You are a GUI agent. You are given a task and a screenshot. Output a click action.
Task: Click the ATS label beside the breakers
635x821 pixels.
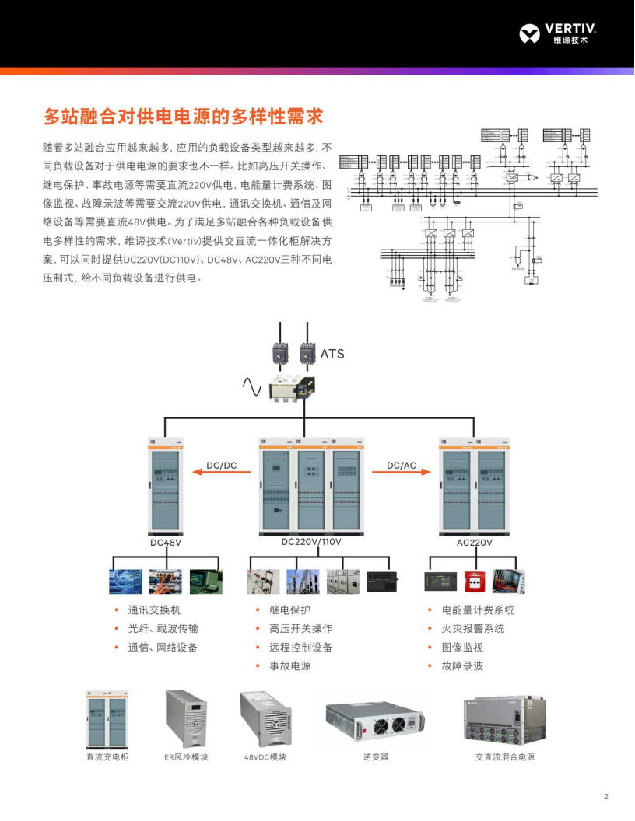(332, 355)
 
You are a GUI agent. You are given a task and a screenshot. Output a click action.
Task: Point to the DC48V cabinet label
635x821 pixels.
(166, 543)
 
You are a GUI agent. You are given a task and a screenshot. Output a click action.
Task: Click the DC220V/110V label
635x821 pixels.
(311, 542)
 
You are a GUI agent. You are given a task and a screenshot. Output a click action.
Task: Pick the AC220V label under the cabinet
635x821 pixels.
(475, 543)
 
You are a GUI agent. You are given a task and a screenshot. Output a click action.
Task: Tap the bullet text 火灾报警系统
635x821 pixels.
(473, 629)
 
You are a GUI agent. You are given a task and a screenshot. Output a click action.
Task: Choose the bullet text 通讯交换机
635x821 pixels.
(154, 610)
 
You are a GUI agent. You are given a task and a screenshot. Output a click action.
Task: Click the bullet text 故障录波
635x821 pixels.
(462, 666)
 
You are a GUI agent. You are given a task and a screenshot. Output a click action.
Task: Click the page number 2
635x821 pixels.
(606, 796)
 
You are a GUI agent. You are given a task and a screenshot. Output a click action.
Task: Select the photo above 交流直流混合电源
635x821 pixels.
(505, 719)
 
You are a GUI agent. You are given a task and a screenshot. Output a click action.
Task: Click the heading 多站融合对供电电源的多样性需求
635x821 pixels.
(183, 117)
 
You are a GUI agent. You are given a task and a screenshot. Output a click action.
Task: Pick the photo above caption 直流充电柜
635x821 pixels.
(107, 719)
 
